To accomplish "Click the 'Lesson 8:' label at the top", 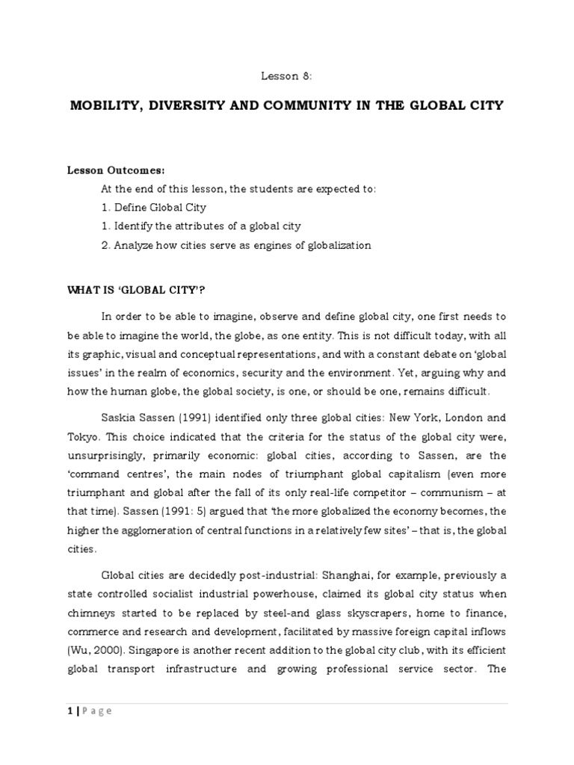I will coord(286,75).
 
